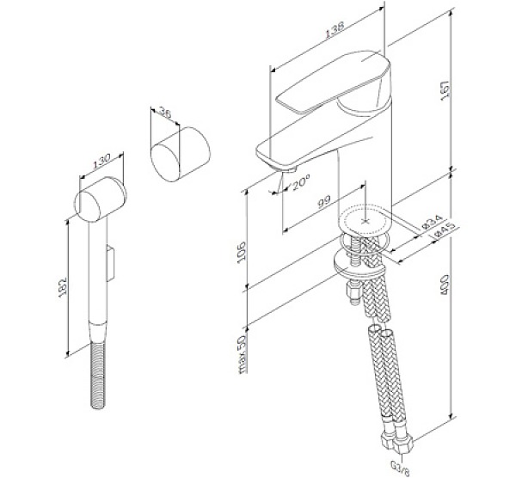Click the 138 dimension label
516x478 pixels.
coord(335,30)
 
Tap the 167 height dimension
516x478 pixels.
coord(445,90)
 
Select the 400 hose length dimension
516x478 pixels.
coord(445,285)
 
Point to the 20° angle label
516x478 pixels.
coord(300,181)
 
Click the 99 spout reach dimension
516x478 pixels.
coord(324,202)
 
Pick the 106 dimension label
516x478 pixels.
coord(242,251)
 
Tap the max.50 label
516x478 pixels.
coord(242,354)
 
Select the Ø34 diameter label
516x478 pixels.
coord(433,223)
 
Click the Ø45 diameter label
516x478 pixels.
coord(445,230)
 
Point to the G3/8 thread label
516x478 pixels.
coord(401,468)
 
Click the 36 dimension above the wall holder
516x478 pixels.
coord(165,113)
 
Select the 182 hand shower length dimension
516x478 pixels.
coord(63,287)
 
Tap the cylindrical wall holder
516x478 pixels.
coord(181,154)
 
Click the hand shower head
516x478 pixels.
coord(101,199)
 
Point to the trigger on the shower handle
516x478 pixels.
coord(111,263)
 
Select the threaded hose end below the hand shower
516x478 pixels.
coord(98,376)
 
